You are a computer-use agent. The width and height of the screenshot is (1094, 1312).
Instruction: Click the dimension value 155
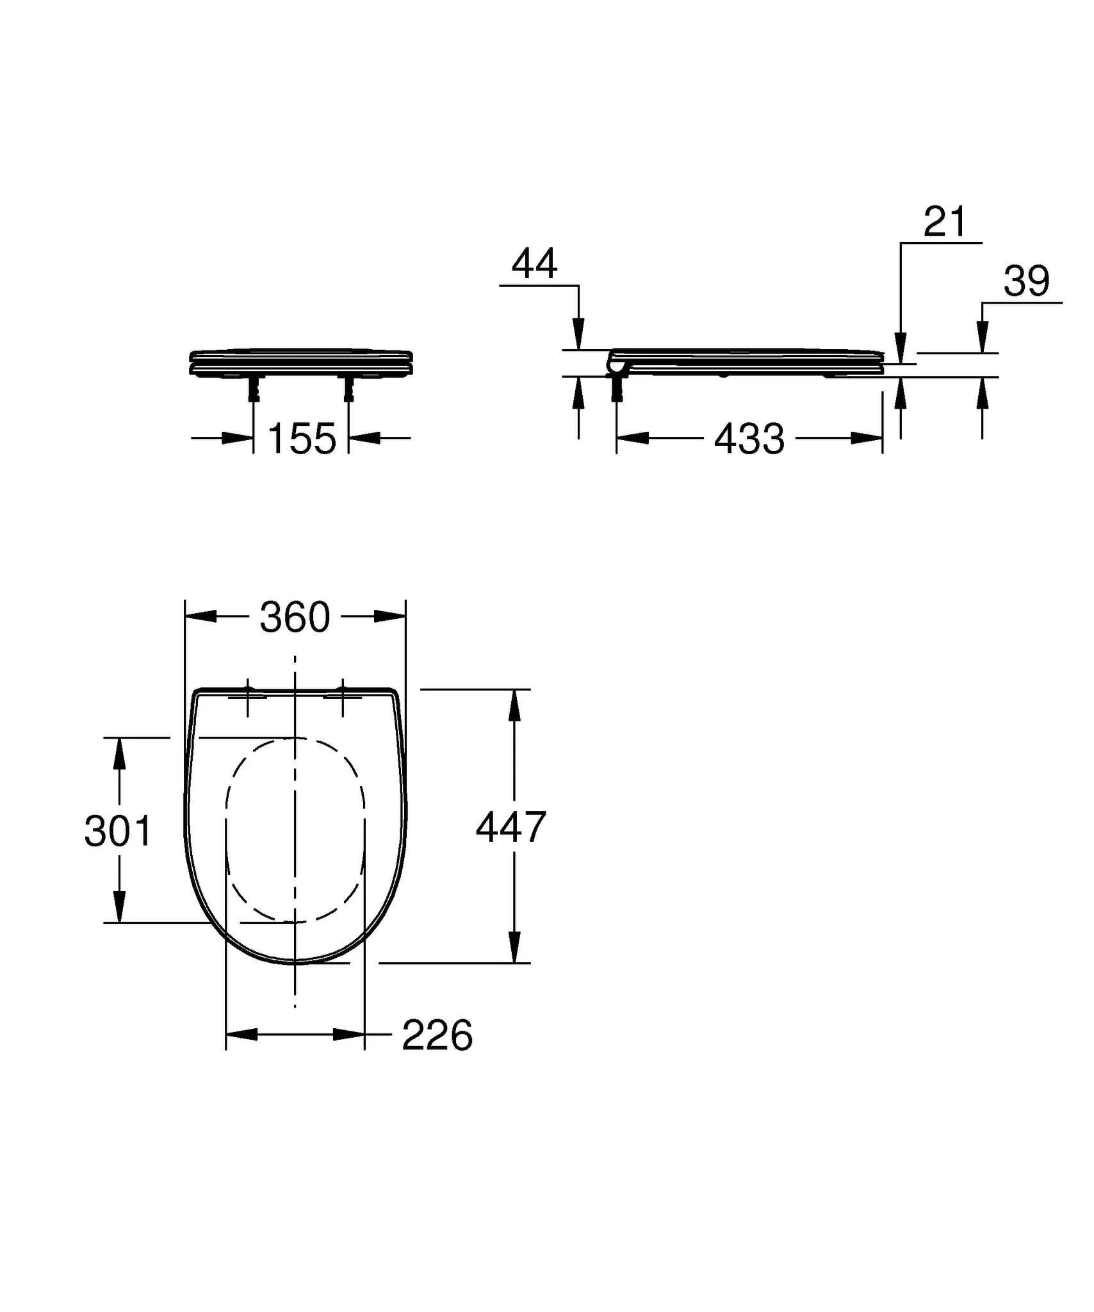click(302, 439)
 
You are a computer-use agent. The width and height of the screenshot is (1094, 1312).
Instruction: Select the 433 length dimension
click(749, 440)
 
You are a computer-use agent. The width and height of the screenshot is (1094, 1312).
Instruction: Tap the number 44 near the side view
click(534, 264)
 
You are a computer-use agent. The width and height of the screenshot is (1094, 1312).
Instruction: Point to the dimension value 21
click(945, 222)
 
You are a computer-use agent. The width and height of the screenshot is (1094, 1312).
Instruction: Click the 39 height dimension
click(1026, 281)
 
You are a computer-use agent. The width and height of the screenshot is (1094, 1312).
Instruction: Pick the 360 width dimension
click(295, 618)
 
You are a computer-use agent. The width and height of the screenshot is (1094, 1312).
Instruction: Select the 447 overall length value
click(510, 827)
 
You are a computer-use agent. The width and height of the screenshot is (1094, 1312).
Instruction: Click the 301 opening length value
click(118, 832)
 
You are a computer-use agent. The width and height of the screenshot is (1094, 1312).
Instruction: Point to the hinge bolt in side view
click(617, 388)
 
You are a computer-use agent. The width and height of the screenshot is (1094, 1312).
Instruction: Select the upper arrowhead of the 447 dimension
click(514, 704)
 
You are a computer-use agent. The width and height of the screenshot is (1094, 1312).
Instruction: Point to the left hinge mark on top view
click(249, 694)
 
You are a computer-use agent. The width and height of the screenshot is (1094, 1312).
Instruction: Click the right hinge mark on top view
click(343, 694)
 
